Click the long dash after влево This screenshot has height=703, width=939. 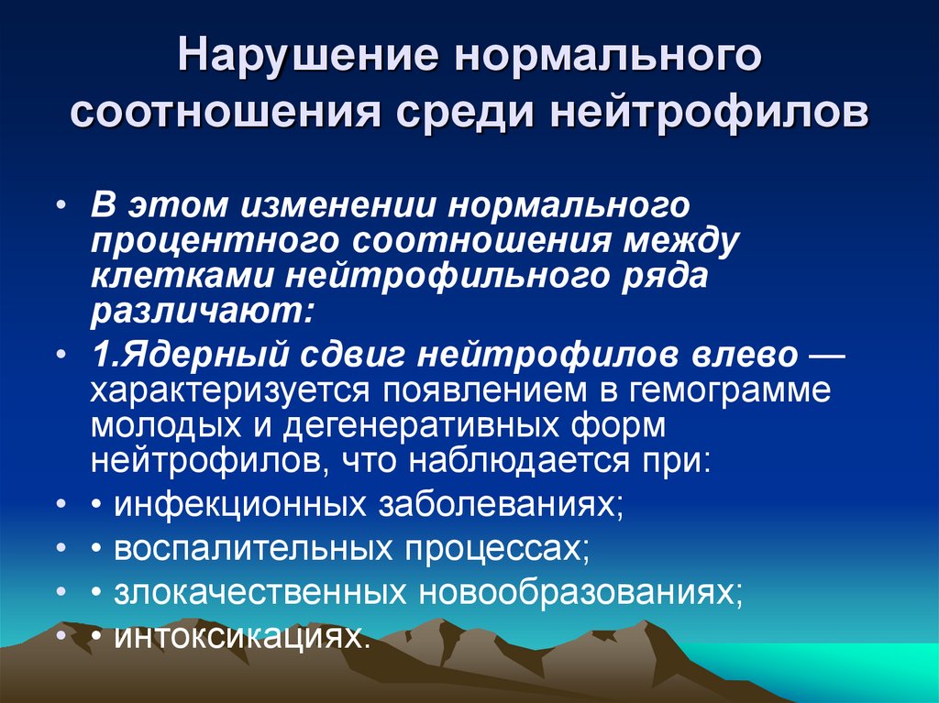tap(824, 354)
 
